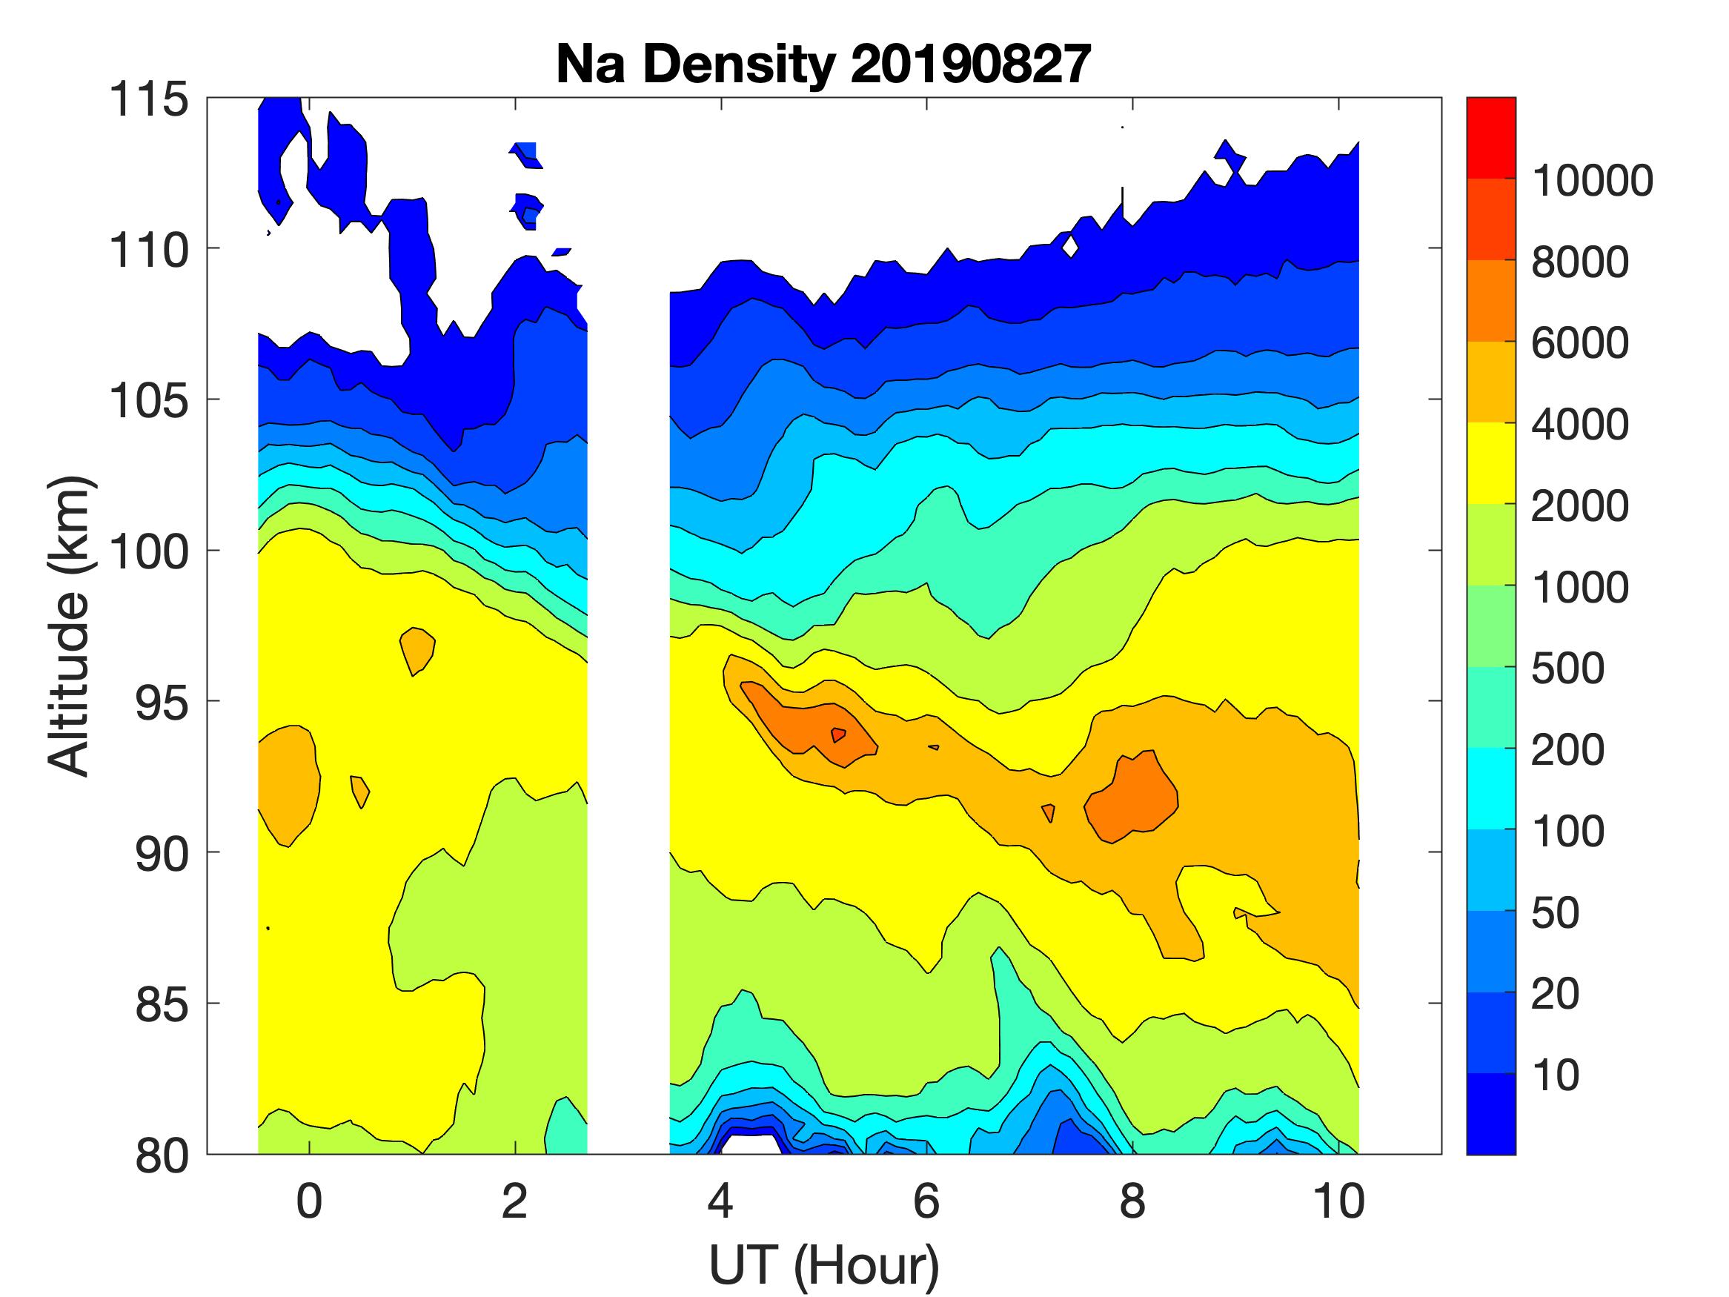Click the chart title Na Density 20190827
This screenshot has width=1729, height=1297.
click(823, 64)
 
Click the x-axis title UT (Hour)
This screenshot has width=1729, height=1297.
click(823, 1265)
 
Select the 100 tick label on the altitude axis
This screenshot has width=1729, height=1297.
click(148, 552)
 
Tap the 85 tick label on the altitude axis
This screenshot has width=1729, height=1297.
click(162, 1004)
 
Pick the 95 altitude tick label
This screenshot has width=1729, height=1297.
click(162, 703)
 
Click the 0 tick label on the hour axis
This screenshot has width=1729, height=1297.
click(309, 1201)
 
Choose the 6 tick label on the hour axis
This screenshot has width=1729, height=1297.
click(926, 1201)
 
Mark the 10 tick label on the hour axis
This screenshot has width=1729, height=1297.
click(1338, 1201)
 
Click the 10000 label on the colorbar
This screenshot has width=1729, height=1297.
click(1591, 182)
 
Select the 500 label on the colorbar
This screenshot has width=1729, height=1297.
click(1567, 669)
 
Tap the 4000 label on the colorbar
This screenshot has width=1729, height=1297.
click(1579, 425)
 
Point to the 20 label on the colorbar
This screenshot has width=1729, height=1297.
click(1555, 995)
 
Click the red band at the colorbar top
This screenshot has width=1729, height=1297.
click(1490, 138)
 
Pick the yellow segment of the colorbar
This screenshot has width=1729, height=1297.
click(1490, 462)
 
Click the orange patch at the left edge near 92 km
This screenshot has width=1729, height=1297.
click(287, 782)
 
